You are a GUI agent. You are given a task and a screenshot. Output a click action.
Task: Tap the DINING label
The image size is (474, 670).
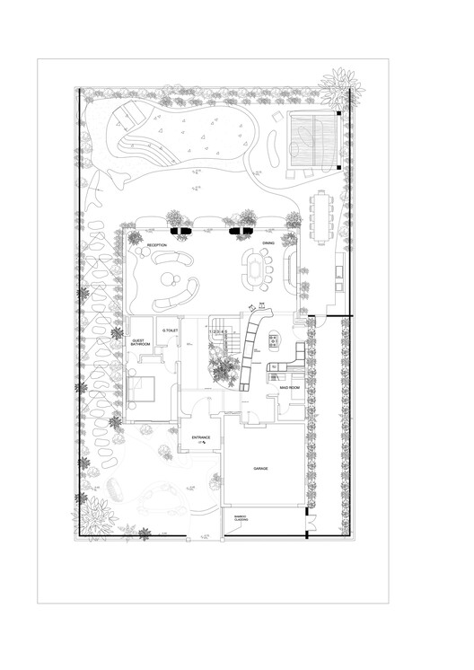(x=268, y=244)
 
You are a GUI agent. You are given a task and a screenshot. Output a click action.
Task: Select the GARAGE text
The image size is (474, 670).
(x=261, y=469)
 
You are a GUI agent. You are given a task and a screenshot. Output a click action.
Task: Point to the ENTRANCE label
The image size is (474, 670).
(x=201, y=437)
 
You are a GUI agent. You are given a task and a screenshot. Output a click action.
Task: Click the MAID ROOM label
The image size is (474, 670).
(x=289, y=387)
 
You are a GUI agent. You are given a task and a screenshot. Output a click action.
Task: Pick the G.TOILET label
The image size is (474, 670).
(x=171, y=331)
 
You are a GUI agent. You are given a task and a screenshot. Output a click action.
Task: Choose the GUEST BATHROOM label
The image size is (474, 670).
(x=140, y=343)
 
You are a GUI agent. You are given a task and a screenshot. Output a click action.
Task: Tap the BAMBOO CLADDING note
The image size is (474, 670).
(x=241, y=519)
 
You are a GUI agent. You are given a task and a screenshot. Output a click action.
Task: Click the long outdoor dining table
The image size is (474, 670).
(x=320, y=216)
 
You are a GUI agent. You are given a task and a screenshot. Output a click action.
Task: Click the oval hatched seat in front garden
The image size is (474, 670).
(x=114, y=489)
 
